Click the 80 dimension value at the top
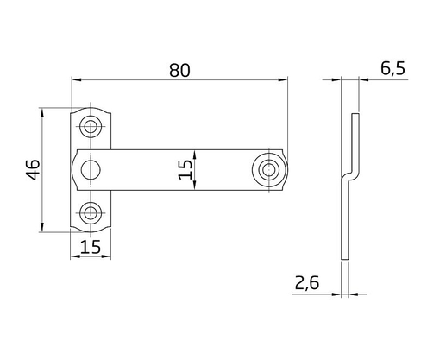(x=179, y=71)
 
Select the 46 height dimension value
(x=32, y=170)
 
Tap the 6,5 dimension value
(x=392, y=70)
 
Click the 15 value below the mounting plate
(x=91, y=247)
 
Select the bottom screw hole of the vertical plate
(x=91, y=212)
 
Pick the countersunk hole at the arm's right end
(x=270, y=170)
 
